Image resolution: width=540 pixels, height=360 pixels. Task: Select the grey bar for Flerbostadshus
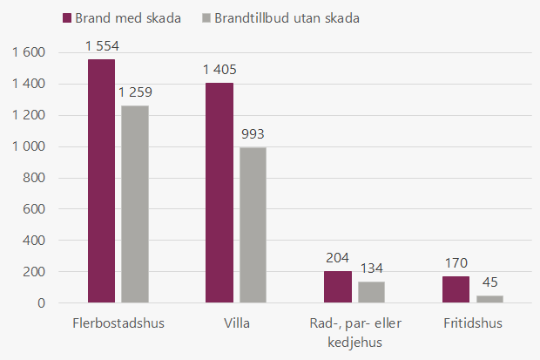point(135,204)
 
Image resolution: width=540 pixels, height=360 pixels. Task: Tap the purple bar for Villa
point(219,193)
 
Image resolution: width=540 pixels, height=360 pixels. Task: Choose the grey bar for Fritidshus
point(489,299)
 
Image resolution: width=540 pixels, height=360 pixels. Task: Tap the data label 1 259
point(135,92)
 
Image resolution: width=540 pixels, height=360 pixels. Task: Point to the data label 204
point(338,257)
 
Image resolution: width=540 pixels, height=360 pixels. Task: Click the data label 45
point(489,282)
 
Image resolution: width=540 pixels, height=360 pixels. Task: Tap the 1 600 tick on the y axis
point(28,52)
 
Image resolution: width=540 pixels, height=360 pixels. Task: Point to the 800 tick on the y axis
point(33,178)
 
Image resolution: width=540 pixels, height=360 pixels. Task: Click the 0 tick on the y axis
point(40,303)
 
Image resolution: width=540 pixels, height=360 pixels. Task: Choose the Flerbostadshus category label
point(118,323)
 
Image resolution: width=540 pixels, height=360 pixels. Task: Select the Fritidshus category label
point(473,323)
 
